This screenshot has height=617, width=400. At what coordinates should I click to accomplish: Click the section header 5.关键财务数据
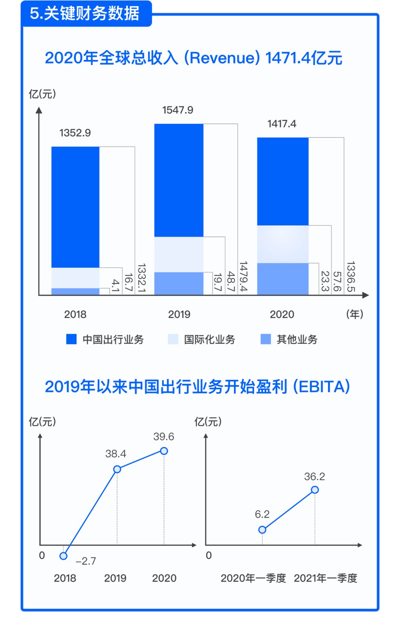click(x=85, y=14)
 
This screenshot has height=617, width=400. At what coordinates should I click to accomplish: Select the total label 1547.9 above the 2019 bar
click(x=178, y=110)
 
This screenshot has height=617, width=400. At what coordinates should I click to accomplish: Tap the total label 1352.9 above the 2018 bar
click(x=75, y=133)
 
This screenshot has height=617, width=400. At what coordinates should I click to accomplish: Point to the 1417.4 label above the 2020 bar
click(x=282, y=124)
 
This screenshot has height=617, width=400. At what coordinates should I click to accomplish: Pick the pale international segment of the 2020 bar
click(x=283, y=244)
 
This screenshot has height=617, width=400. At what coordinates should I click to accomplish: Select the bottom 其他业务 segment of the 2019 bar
click(x=179, y=283)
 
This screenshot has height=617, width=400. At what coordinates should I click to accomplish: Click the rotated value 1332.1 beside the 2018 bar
click(x=141, y=278)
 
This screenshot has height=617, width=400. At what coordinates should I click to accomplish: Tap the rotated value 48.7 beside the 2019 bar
click(x=231, y=281)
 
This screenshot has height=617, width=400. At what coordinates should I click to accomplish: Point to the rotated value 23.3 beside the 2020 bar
click(x=325, y=281)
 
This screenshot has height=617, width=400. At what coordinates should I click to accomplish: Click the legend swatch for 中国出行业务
click(x=71, y=339)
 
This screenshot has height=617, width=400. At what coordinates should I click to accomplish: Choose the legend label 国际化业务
click(x=210, y=339)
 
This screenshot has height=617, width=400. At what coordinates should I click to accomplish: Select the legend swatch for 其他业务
click(x=266, y=339)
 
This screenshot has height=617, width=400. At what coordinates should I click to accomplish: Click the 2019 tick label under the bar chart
click(x=179, y=314)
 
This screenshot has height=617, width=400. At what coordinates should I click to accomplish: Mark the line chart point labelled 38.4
click(x=117, y=469)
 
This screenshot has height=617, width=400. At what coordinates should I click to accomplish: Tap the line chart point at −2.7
click(x=63, y=556)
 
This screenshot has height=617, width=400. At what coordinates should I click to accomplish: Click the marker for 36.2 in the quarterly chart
click(x=315, y=490)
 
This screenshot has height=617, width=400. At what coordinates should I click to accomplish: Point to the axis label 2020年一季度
click(x=253, y=578)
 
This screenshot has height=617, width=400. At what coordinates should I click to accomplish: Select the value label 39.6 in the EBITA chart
click(x=164, y=437)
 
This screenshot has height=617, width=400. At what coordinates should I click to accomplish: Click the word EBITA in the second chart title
click(x=321, y=387)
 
